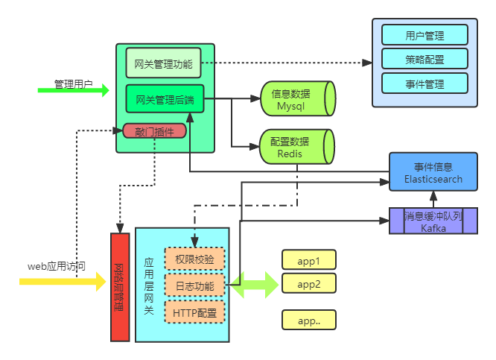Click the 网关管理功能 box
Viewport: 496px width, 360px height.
point(163,63)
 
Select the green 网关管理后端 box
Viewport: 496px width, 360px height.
point(165,98)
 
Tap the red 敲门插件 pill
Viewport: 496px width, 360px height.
point(154,131)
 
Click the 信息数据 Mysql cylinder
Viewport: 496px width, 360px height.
point(296,101)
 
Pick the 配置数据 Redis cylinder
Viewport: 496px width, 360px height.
point(296,147)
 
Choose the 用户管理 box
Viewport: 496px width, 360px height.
point(425,35)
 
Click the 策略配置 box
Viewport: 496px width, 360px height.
point(425,60)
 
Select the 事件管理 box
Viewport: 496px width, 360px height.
point(425,84)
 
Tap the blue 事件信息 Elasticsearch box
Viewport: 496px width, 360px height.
point(433,173)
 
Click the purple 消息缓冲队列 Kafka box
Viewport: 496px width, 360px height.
point(433,221)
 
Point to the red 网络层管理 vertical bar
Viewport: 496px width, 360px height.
point(120,287)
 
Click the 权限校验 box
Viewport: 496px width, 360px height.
point(194,260)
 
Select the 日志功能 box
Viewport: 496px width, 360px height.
point(194,286)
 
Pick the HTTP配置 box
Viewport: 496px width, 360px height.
point(194,312)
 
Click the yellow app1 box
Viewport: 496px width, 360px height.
point(309,261)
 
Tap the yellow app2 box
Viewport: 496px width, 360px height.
point(309,284)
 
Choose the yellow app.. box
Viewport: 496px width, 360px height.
point(309,320)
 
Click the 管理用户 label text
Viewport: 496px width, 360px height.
point(73,84)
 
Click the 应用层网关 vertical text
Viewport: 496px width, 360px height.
point(149,286)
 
